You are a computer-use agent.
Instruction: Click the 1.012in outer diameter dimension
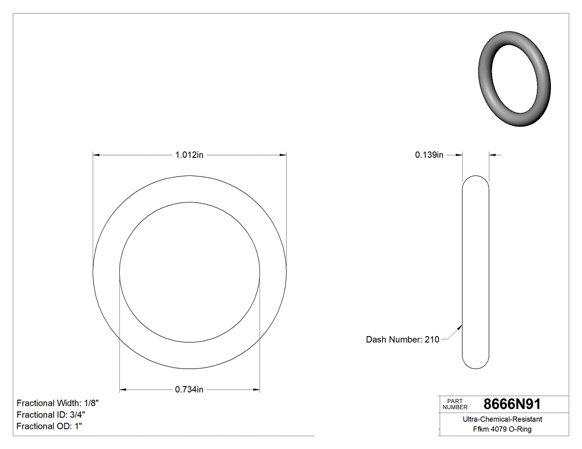pos(190,155)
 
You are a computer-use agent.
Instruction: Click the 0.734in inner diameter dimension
pos(190,390)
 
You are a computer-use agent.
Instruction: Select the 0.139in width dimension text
pos(429,155)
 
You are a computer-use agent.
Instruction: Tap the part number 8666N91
pos(512,404)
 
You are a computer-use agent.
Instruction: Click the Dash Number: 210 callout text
pos(402,339)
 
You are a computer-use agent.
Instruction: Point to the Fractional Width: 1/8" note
pos(58,403)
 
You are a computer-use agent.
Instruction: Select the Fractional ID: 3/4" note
pos(51,415)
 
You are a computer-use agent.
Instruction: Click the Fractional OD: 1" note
pos(50,426)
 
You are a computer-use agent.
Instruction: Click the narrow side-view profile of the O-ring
pos(476,271)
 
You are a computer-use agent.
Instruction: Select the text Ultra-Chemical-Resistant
pos(502,420)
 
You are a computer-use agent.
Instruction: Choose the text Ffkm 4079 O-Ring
pos(502,429)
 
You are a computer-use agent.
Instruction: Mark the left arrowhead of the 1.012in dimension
pos(96,155)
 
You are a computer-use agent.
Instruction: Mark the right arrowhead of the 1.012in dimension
pos(283,155)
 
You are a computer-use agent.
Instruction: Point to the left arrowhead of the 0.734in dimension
pos(123,390)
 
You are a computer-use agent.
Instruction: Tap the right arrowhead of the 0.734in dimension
pos(257,390)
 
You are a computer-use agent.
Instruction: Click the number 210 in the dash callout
pos(432,339)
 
